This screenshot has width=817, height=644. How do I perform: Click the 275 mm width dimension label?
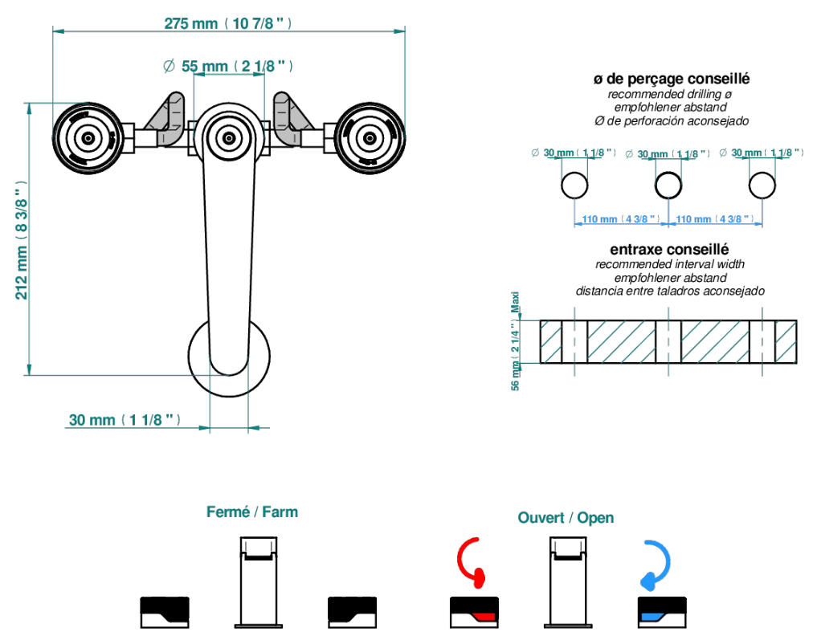[x=227, y=23]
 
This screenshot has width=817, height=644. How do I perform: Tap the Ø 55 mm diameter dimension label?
[x=227, y=66]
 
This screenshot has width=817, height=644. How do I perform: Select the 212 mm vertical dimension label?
[x=22, y=241]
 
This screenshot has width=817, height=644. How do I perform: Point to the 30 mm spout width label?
[x=125, y=420]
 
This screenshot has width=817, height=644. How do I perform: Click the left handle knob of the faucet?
[x=88, y=138]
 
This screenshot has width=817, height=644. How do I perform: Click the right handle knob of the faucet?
[x=370, y=138]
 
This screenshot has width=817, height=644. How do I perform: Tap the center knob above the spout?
[x=229, y=138]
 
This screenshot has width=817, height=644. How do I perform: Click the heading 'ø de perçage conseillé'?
[x=672, y=79]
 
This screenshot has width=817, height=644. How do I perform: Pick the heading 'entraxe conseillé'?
[x=669, y=250]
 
